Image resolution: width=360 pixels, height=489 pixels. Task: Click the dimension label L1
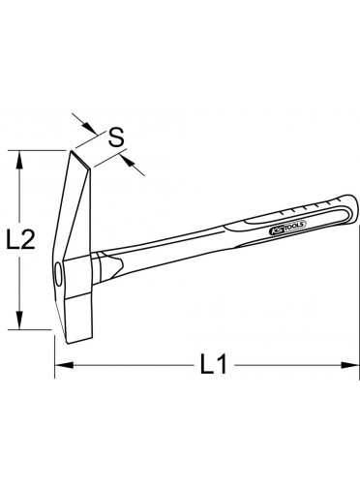(x=214, y=365)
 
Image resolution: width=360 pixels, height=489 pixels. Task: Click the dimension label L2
(x=21, y=239)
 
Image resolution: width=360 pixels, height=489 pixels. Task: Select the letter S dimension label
(x=116, y=138)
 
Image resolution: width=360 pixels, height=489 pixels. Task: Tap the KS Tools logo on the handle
(x=287, y=227)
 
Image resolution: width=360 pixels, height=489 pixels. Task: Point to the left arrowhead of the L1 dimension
(x=64, y=365)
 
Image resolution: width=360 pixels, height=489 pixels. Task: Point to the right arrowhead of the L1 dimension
(x=350, y=365)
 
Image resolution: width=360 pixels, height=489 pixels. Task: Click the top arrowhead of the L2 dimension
(x=20, y=160)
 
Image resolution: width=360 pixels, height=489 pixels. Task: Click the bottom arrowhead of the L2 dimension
(x=20, y=320)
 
